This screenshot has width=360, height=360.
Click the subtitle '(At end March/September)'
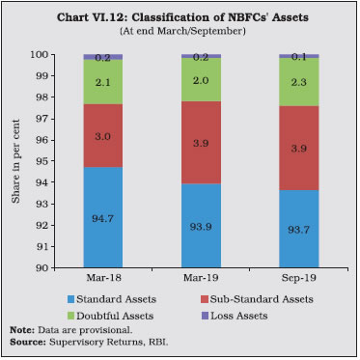tap(180, 31)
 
